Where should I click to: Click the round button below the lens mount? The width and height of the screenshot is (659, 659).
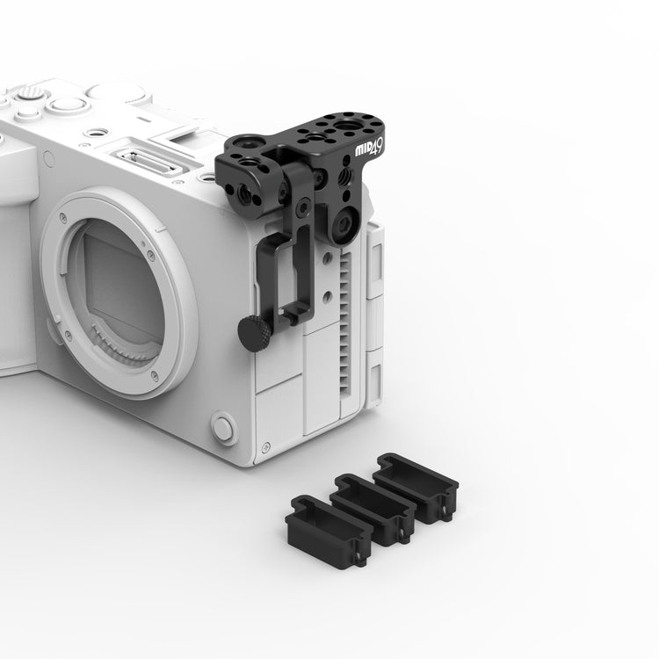(x=223, y=428)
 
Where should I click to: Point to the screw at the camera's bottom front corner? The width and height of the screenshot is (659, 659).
(x=265, y=447)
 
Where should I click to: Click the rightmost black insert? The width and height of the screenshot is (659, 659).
(x=416, y=488)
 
